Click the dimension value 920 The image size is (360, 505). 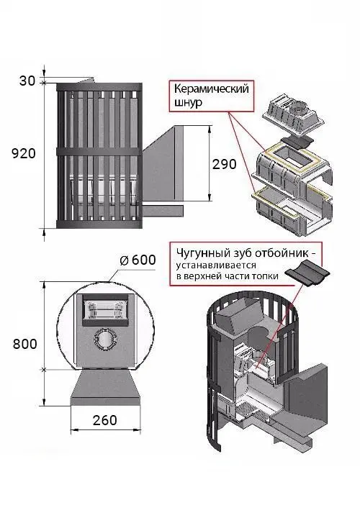pos(24,153)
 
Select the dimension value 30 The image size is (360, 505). pos(27,81)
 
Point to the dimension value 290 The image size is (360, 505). pos(225,164)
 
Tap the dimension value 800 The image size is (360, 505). pos(25,344)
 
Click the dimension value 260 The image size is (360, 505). pos(105,420)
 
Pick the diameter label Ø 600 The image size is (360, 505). pos(138,260)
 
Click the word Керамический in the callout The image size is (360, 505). pos(212,89)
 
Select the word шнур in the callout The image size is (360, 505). pos(188,103)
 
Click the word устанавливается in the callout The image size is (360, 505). pos(216,265)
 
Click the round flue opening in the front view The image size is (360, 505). pos(104,339)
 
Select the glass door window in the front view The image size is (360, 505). pos(104,309)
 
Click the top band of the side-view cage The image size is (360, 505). pos(99,87)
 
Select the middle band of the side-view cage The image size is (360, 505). pos(99,151)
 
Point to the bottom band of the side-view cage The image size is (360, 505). pos(99,224)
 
